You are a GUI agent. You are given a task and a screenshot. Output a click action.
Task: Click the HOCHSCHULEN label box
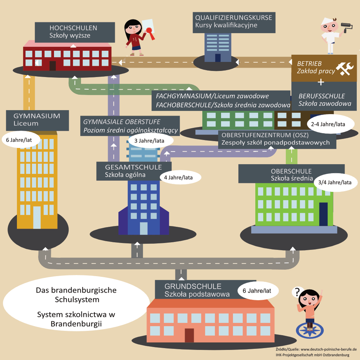click(x=73, y=32)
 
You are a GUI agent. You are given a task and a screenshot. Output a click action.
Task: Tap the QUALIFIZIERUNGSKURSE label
click(x=234, y=21)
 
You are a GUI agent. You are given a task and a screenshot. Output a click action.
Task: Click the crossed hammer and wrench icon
click(x=343, y=68)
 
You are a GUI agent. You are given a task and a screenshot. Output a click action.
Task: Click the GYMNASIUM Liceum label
click(x=38, y=120)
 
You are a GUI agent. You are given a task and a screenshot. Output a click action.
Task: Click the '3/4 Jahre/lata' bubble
click(x=335, y=182)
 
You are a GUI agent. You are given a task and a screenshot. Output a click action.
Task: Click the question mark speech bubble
click(x=297, y=291)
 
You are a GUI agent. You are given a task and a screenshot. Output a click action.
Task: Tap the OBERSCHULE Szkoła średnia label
click(x=291, y=174)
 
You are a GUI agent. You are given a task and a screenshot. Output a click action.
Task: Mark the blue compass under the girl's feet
click(x=309, y=329)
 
